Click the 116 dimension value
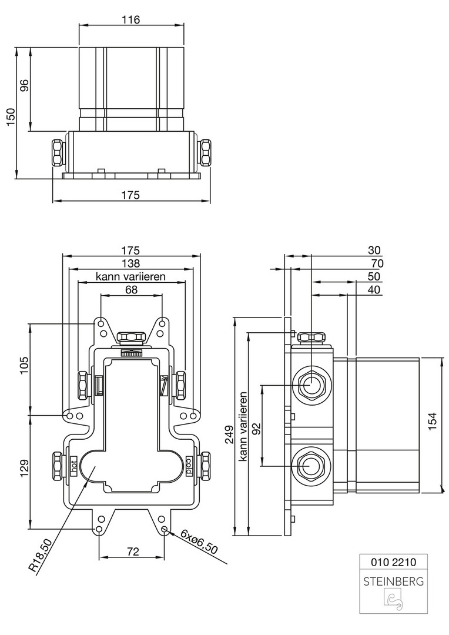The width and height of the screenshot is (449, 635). click(x=131, y=19)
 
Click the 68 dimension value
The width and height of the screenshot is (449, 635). click(x=131, y=290)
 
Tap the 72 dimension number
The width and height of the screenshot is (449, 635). click(x=132, y=551)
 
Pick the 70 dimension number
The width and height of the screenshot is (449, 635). click(x=374, y=263)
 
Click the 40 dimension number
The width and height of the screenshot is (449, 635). click(x=374, y=289)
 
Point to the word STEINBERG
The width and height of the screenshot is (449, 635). click(x=393, y=583)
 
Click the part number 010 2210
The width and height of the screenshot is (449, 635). click(x=393, y=562)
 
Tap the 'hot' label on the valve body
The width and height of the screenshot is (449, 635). click(x=74, y=464)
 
